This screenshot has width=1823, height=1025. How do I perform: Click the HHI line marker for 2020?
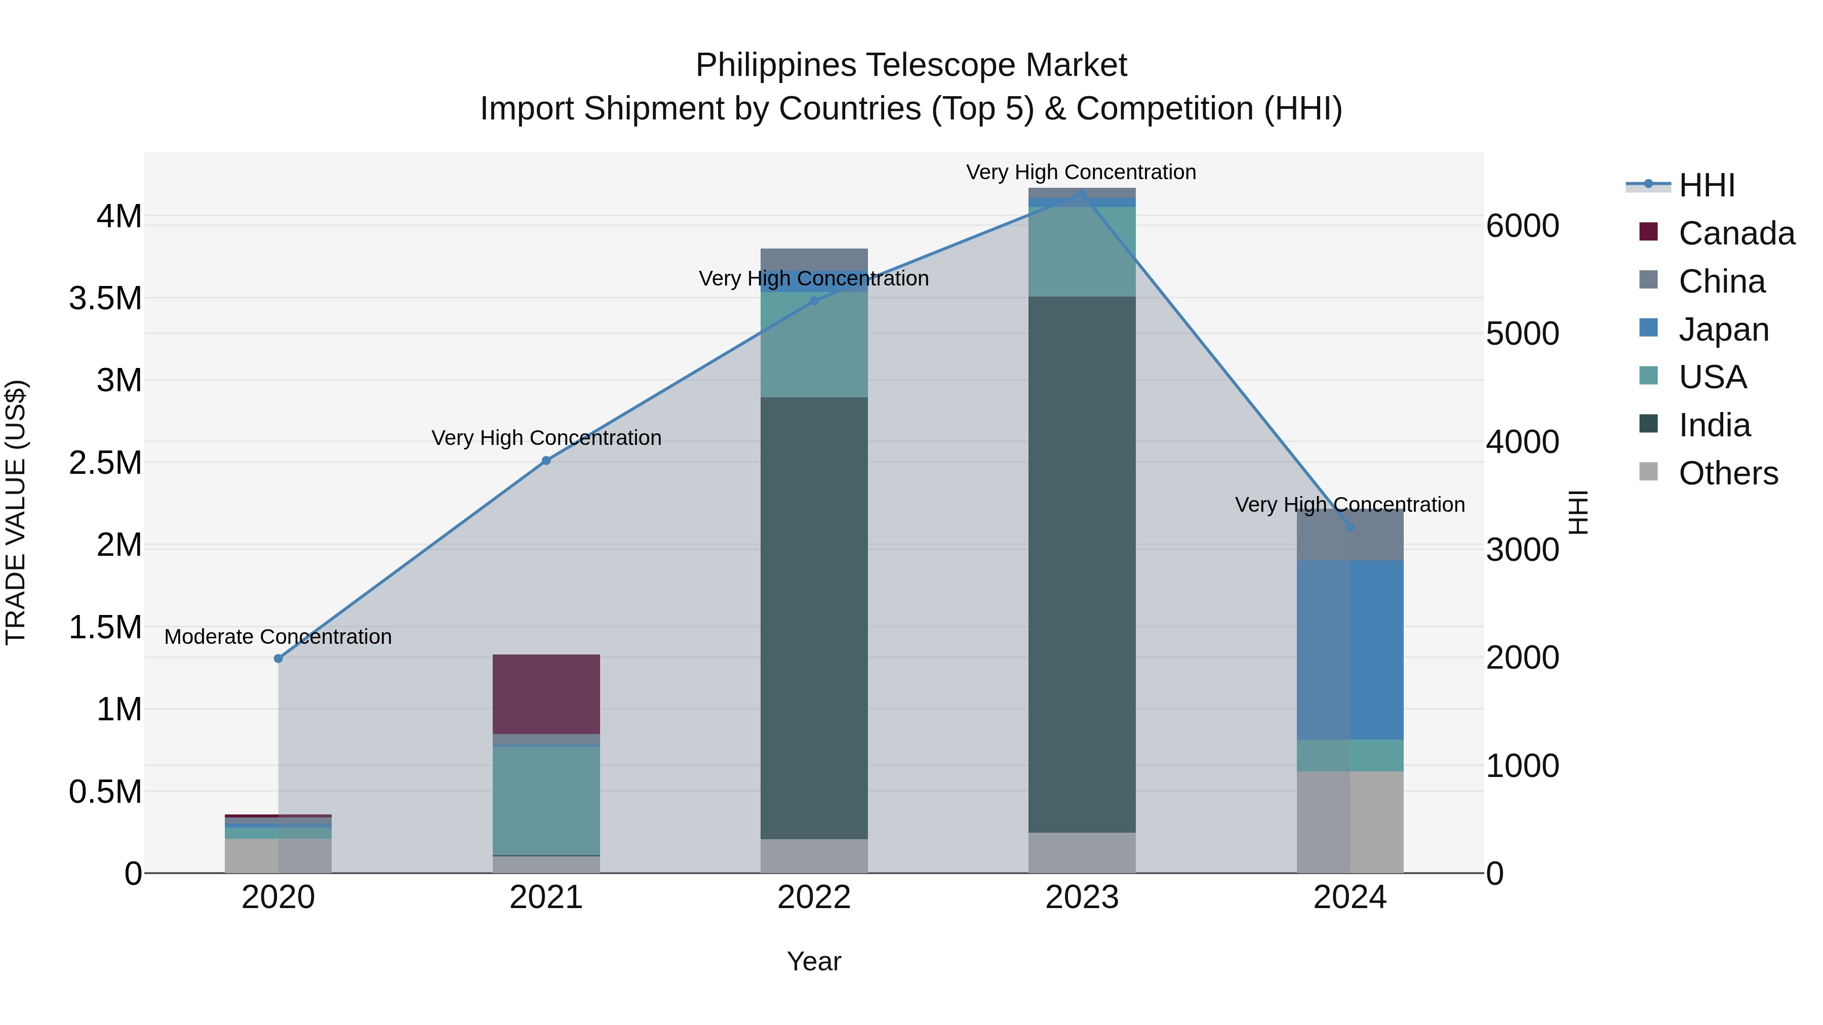pos(278,659)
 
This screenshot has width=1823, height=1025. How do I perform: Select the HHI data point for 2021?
pos(546,461)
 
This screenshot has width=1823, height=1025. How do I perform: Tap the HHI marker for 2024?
pos(1350,527)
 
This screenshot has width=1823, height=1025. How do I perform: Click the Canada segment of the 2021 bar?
pos(546,694)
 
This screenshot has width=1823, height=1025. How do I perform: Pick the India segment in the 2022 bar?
pos(814,618)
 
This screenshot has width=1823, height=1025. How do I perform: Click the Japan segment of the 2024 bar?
pos(1350,649)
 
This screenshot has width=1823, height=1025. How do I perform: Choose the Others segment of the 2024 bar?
pos(1350,822)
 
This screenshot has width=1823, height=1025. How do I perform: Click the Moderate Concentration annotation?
pos(278,637)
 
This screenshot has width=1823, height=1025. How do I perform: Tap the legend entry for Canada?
pos(1736,233)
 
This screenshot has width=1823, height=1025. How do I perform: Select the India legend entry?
pos(1714,425)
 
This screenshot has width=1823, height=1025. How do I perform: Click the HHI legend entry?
pos(1706,185)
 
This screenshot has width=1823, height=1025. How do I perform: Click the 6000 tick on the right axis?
pos(1522,226)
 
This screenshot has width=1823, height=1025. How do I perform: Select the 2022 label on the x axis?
pos(814,897)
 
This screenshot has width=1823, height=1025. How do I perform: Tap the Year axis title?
pos(814,961)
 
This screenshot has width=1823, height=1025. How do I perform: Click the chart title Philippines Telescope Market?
pos(911,65)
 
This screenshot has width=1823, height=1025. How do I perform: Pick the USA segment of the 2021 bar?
pos(546,801)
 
